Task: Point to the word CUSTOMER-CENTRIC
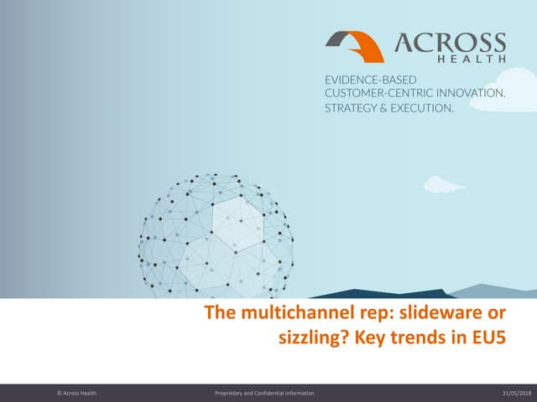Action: coord(378,94)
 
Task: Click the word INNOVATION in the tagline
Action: coord(471,94)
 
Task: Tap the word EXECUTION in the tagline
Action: coord(420,109)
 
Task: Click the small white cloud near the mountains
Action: coord(444,183)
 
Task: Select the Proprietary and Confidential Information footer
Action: coord(264,393)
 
